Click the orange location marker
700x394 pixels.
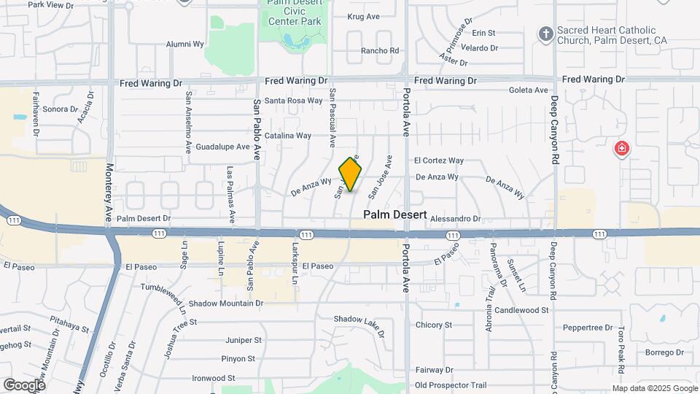click(x=351, y=174)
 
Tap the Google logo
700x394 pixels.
click(x=24, y=385)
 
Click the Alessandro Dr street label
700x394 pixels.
click(x=456, y=218)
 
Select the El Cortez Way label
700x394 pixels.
click(x=438, y=161)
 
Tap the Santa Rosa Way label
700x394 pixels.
click(x=293, y=101)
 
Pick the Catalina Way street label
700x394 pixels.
click(x=288, y=136)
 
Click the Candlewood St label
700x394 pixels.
click(x=521, y=310)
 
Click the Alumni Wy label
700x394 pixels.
click(x=184, y=44)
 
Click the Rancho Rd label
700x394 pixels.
click(x=381, y=51)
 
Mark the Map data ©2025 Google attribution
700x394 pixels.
click(x=654, y=388)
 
